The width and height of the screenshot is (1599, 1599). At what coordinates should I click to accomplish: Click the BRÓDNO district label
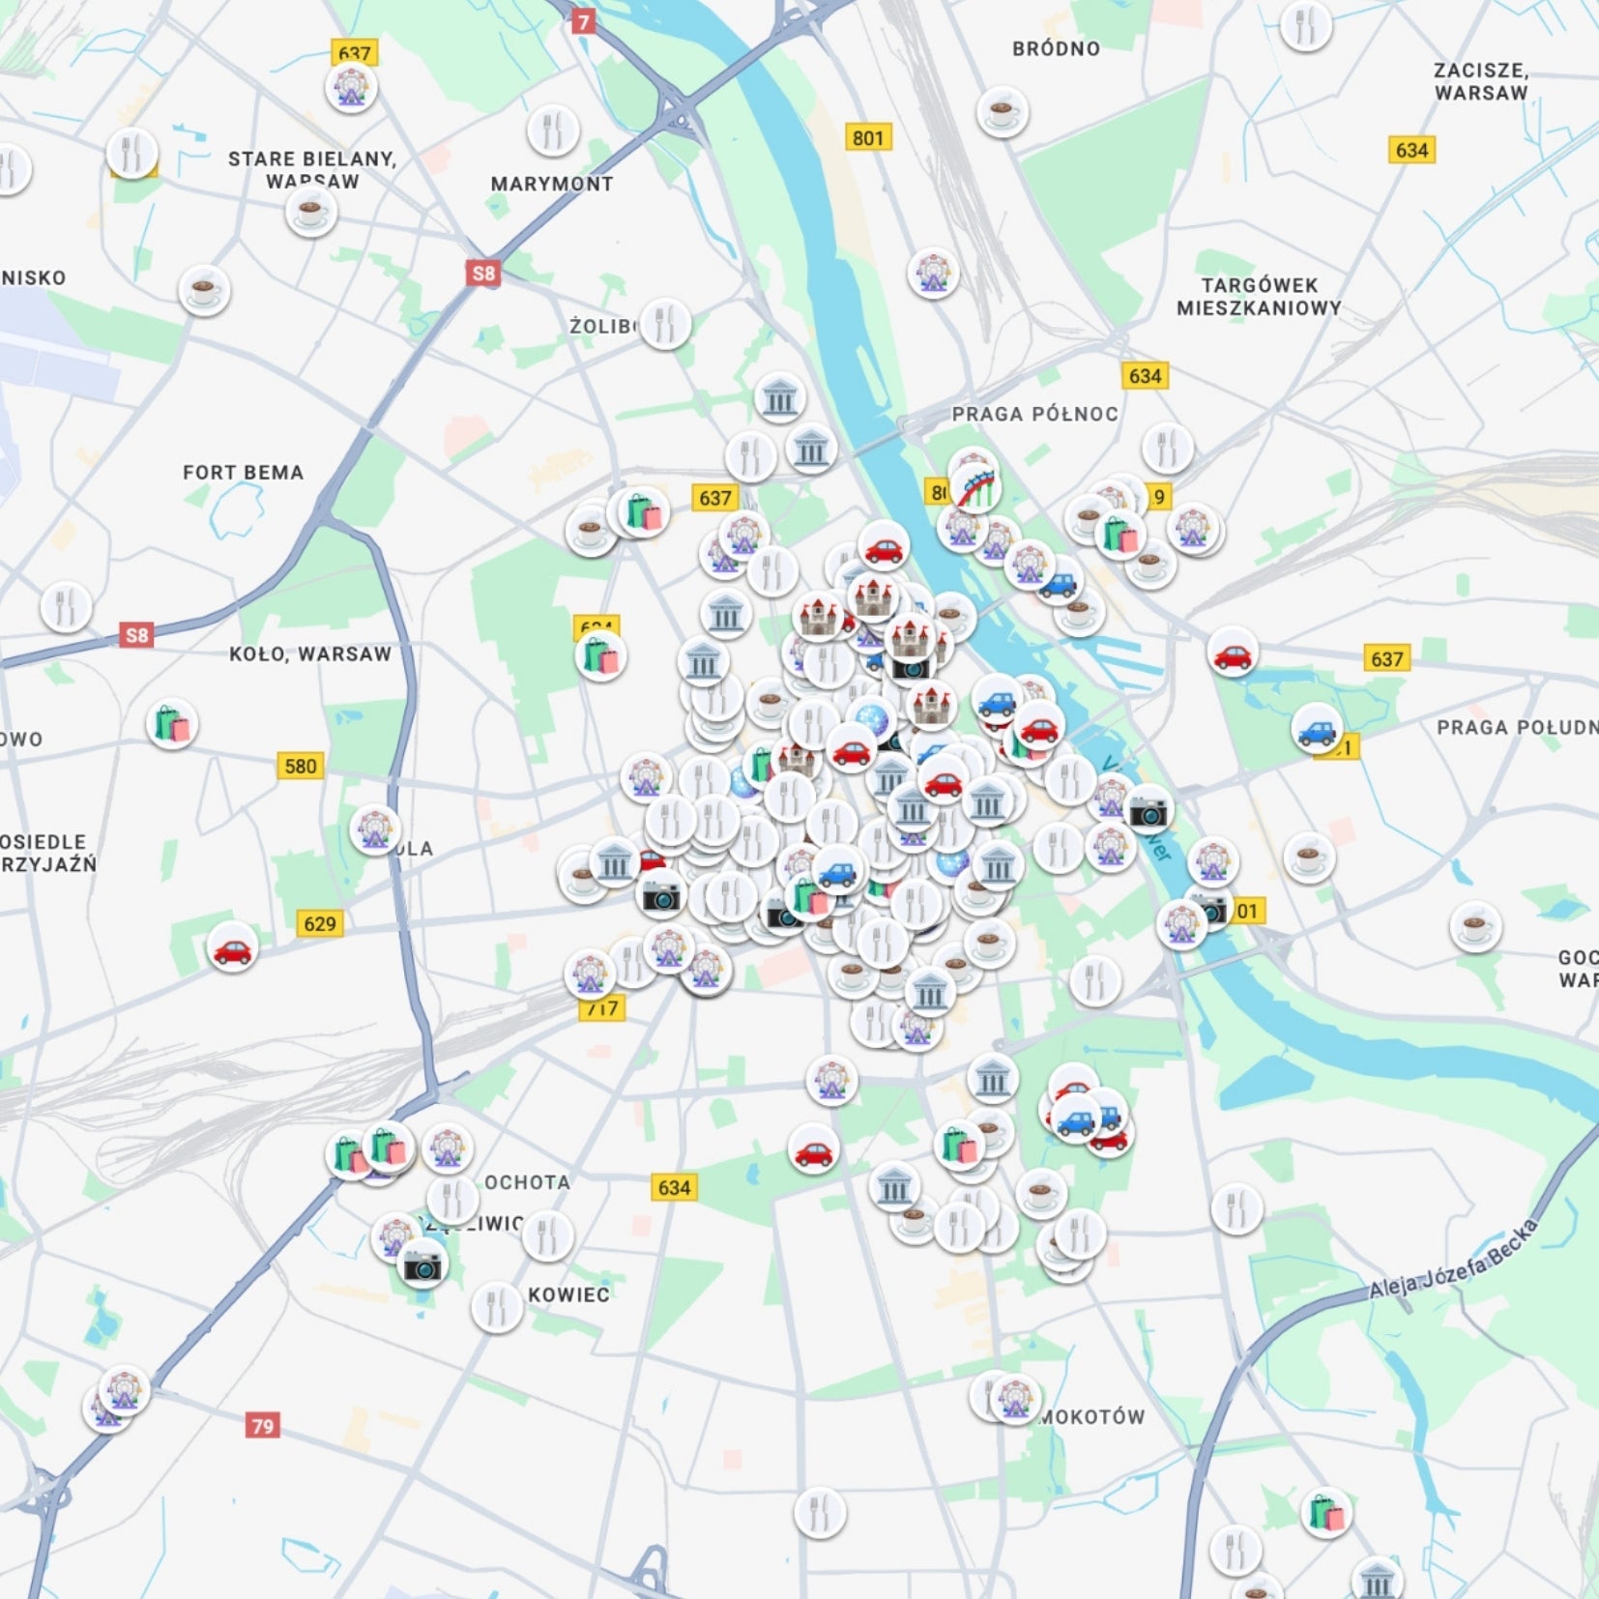click(1056, 48)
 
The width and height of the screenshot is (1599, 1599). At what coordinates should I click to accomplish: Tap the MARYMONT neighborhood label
click(551, 184)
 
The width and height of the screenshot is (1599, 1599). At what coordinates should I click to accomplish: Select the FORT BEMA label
click(243, 473)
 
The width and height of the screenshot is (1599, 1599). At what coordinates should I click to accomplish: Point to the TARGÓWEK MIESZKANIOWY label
click(1259, 297)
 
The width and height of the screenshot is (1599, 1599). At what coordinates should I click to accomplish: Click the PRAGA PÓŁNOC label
click(1034, 414)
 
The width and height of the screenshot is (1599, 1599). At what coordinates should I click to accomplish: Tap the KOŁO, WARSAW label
click(310, 654)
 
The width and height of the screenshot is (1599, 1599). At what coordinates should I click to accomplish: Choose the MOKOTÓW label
click(1092, 1417)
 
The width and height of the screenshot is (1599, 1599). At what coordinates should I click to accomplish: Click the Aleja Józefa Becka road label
click(1452, 1260)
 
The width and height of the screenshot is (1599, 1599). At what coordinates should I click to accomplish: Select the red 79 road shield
click(263, 1426)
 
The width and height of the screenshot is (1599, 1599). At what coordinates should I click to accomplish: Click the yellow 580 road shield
click(300, 767)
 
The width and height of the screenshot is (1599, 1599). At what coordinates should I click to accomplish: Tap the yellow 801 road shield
click(867, 137)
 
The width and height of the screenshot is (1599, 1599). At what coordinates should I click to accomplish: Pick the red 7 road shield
click(582, 21)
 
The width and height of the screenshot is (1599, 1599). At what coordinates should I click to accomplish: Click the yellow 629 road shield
click(319, 924)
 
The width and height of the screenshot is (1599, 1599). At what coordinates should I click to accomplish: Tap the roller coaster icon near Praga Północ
click(976, 486)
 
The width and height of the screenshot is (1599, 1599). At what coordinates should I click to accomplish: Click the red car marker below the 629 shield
click(232, 950)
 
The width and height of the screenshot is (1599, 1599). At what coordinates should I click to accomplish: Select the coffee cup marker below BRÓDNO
click(1002, 111)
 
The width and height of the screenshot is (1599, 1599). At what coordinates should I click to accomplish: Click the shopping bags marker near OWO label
click(172, 724)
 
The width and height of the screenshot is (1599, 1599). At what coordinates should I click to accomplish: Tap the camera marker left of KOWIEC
click(422, 1263)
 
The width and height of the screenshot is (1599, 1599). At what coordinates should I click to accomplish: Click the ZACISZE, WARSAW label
click(1480, 81)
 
